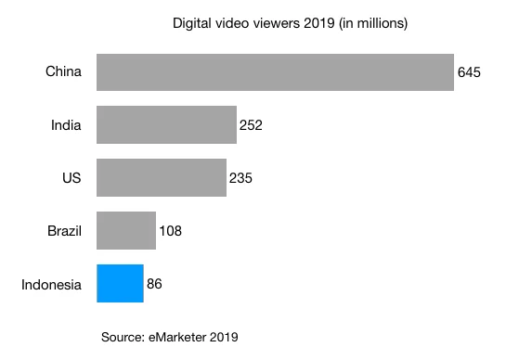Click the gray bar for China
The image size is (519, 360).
pos(275,71)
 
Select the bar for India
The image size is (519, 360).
pos(166,124)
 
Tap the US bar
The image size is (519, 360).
pos(162,177)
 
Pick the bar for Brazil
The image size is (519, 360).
pos(126,230)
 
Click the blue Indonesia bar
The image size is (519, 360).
pos(120,283)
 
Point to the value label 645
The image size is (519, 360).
pos(469,71)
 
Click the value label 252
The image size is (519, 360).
pos(251,124)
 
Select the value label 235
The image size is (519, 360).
pos(240,177)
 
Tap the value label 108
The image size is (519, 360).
pos(170,230)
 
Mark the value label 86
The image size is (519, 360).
pos(154,283)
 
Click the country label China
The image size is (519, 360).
pos(64,71)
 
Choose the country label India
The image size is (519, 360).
pos(67,124)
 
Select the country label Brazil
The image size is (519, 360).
pos(65,230)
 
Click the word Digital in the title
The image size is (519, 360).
pos(191,20)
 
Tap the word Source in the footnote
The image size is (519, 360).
pos(122,337)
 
